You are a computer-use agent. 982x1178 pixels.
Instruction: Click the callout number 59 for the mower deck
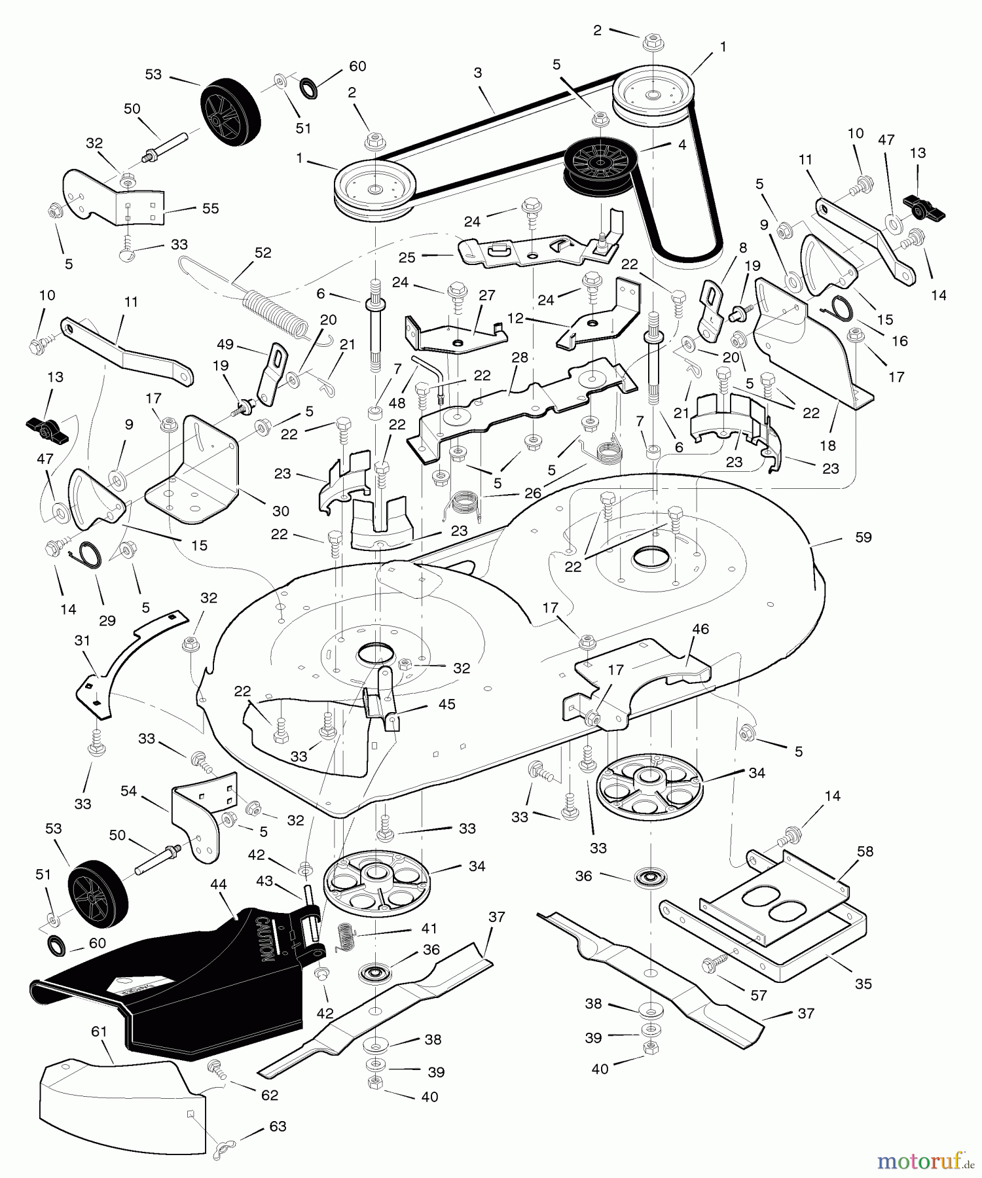click(863, 537)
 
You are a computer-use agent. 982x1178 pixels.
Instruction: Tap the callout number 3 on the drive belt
click(478, 73)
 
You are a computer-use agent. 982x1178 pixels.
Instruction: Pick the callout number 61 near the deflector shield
click(99, 1032)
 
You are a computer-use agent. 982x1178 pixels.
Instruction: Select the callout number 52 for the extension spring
click(263, 253)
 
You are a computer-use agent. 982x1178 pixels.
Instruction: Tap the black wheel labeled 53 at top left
click(229, 114)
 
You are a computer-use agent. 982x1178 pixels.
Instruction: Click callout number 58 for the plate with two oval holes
click(865, 851)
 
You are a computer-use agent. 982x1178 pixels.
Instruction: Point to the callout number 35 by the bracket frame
click(863, 984)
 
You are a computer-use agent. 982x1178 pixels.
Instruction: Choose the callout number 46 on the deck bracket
click(700, 629)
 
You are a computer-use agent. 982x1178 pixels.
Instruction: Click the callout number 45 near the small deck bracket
click(446, 704)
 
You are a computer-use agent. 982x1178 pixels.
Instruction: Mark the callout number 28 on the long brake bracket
click(519, 357)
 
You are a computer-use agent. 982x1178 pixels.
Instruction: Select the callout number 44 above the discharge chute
click(218, 884)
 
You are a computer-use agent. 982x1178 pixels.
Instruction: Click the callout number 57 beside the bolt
click(758, 995)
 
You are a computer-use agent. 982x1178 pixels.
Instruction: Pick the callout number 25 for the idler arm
click(407, 257)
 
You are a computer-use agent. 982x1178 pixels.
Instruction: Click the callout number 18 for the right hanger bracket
click(827, 446)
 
